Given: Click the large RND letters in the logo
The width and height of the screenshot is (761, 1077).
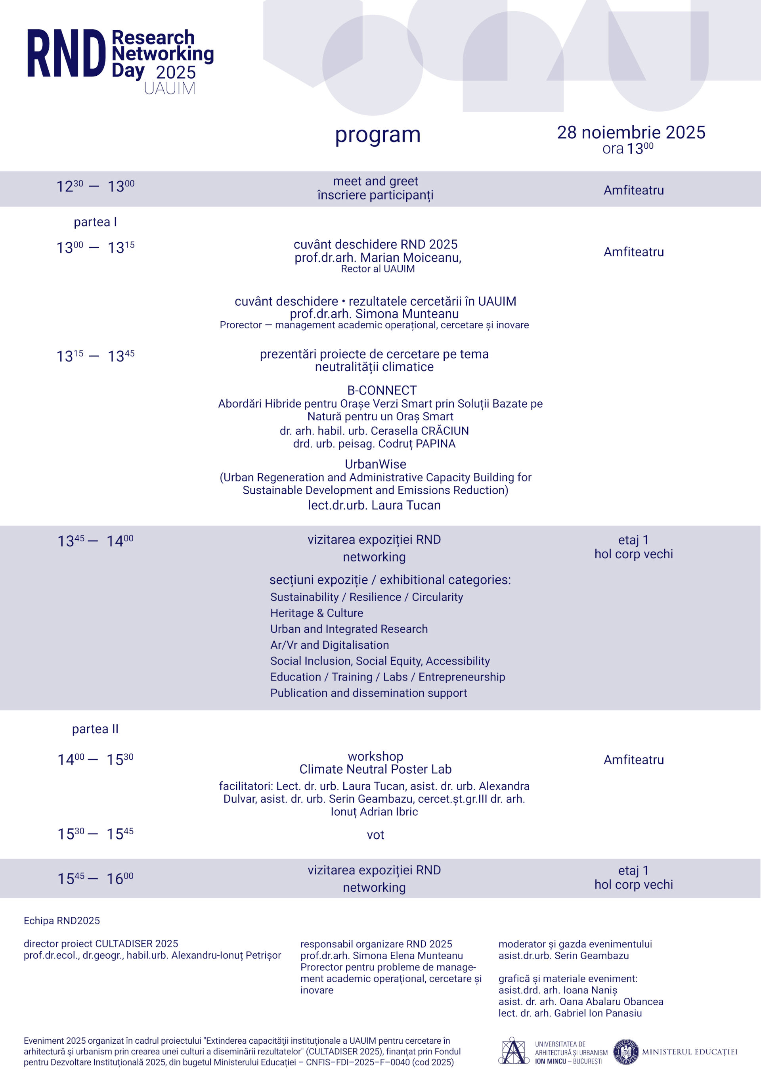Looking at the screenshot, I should click(66, 54).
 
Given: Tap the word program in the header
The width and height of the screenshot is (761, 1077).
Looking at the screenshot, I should click(377, 135).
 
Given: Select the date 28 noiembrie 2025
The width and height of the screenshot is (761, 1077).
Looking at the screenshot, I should click(631, 133).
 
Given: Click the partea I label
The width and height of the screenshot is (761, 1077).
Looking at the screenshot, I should click(95, 222).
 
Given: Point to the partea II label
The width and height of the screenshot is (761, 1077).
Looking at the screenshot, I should click(95, 729).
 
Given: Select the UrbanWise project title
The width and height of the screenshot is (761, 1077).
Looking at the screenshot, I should click(375, 464).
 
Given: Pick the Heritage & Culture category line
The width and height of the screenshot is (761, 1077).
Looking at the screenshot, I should click(317, 613).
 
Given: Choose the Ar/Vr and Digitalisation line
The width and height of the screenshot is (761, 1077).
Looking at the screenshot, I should click(329, 645).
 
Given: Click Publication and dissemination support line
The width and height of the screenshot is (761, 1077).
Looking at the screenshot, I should click(368, 693).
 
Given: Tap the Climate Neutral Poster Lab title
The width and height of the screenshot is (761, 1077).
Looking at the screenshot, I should click(375, 769).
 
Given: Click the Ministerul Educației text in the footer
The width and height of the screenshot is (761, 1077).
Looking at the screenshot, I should click(689, 1052).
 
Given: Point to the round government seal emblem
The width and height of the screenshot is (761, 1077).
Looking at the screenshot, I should click(626, 1052).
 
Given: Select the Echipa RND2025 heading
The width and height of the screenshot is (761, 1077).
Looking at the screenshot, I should click(62, 920).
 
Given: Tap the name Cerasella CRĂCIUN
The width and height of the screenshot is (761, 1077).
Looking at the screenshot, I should click(420, 431).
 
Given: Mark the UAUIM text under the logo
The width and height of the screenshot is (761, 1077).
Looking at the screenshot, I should click(170, 88).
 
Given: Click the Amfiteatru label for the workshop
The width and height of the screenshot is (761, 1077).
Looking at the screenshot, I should click(633, 760).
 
